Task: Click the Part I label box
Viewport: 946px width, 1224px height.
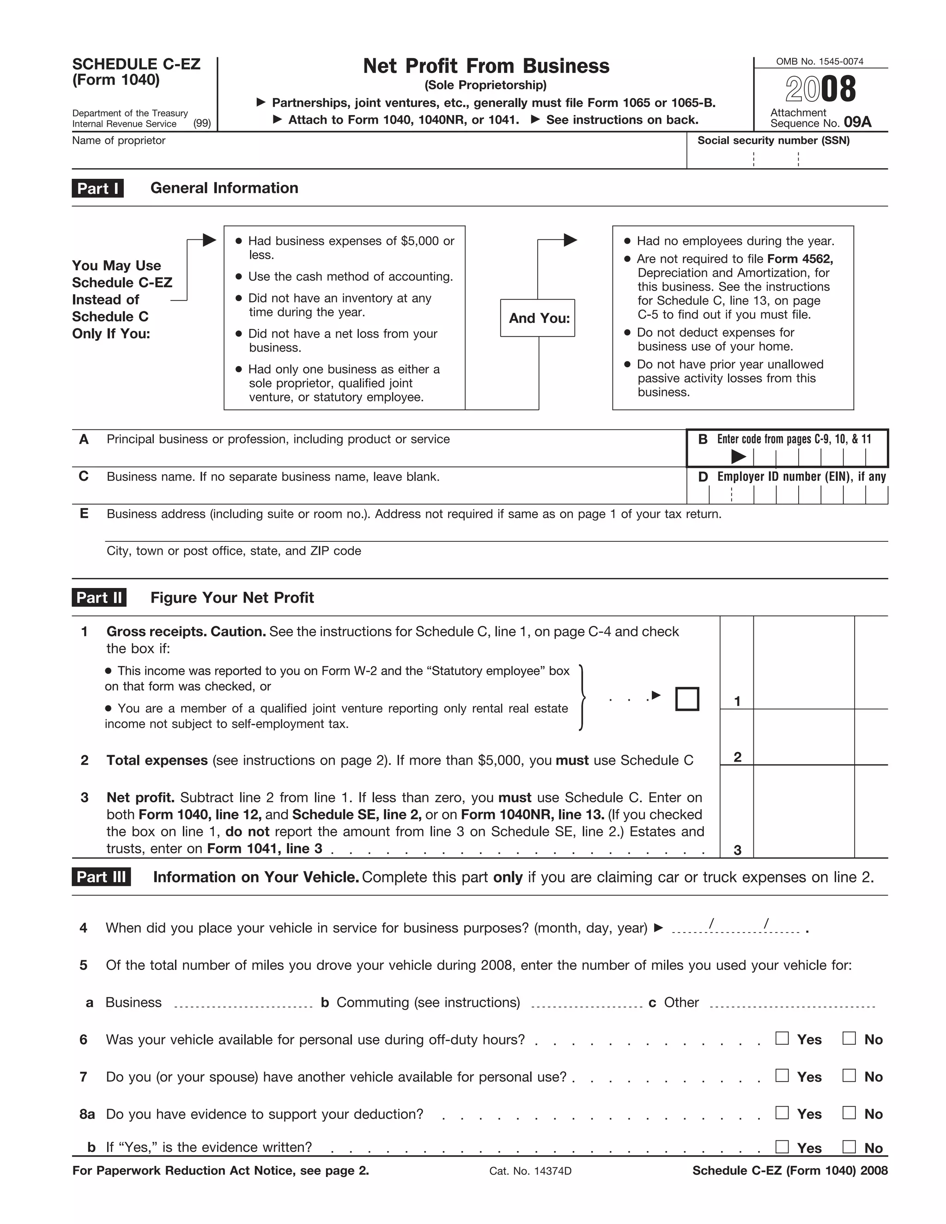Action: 97,188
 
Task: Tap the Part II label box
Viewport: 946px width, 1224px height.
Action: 99,597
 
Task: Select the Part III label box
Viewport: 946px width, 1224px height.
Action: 102,877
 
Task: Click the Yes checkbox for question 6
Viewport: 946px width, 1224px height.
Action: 782,1038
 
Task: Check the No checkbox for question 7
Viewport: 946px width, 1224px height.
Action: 849,1075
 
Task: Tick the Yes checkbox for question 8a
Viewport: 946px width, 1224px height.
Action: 782,1113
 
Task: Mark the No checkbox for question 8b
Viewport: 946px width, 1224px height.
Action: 849,1147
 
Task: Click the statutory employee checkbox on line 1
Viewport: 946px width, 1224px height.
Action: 687,699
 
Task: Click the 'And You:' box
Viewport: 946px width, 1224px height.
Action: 538,318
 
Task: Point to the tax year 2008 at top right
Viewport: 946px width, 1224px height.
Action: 820,89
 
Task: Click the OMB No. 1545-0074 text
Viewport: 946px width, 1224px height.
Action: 819,61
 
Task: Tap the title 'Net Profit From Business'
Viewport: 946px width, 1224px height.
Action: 486,66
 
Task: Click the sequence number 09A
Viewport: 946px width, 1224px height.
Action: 857,122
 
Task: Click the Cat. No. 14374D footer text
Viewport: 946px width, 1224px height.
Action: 530,1171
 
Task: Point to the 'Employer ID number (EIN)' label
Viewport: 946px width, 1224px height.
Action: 801,476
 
